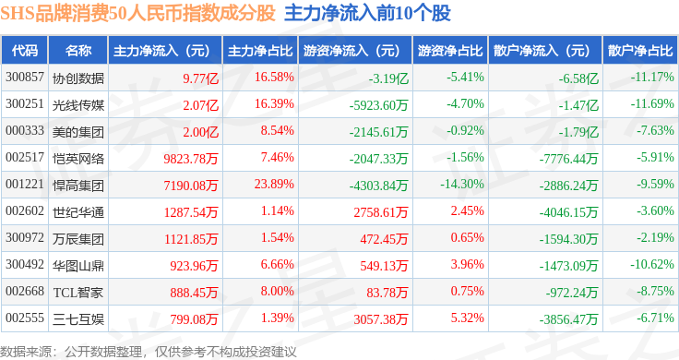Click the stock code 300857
tap(25, 78)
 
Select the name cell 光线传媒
tap(78, 105)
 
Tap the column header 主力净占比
tap(260, 51)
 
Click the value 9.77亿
tap(200, 78)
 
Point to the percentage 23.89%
tap(274, 184)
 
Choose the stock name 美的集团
tap(78, 132)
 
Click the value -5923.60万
tap(378, 105)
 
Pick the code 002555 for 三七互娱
tap(25, 318)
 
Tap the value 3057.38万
tap(381, 319)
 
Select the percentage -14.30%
tap(462, 184)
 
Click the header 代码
tap(25, 51)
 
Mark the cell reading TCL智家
tap(78, 293)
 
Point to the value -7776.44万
tap(568, 159)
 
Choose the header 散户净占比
tap(640, 51)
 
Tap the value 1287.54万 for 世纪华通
tap(191, 212)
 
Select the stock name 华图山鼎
tap(78, 266)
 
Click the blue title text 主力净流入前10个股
tap(368, 14)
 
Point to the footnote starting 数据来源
tap(149, 352)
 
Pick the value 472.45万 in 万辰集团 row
tap(384, 239)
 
